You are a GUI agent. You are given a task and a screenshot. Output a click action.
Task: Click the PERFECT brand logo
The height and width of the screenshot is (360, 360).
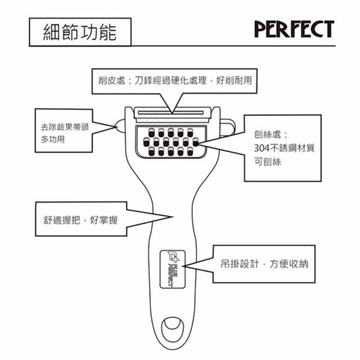click(x=294, y=29)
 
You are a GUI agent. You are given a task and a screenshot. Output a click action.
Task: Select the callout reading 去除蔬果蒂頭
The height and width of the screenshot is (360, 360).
click(x=61, y=127)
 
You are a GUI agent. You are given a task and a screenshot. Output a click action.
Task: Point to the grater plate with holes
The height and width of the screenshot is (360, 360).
click(x=171, y=142)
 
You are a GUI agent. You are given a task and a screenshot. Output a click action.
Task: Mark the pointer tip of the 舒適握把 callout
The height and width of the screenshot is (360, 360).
click(x=172, y=216)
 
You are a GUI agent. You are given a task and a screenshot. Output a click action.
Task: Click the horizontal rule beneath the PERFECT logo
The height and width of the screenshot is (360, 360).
click(x=236, y=46)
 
